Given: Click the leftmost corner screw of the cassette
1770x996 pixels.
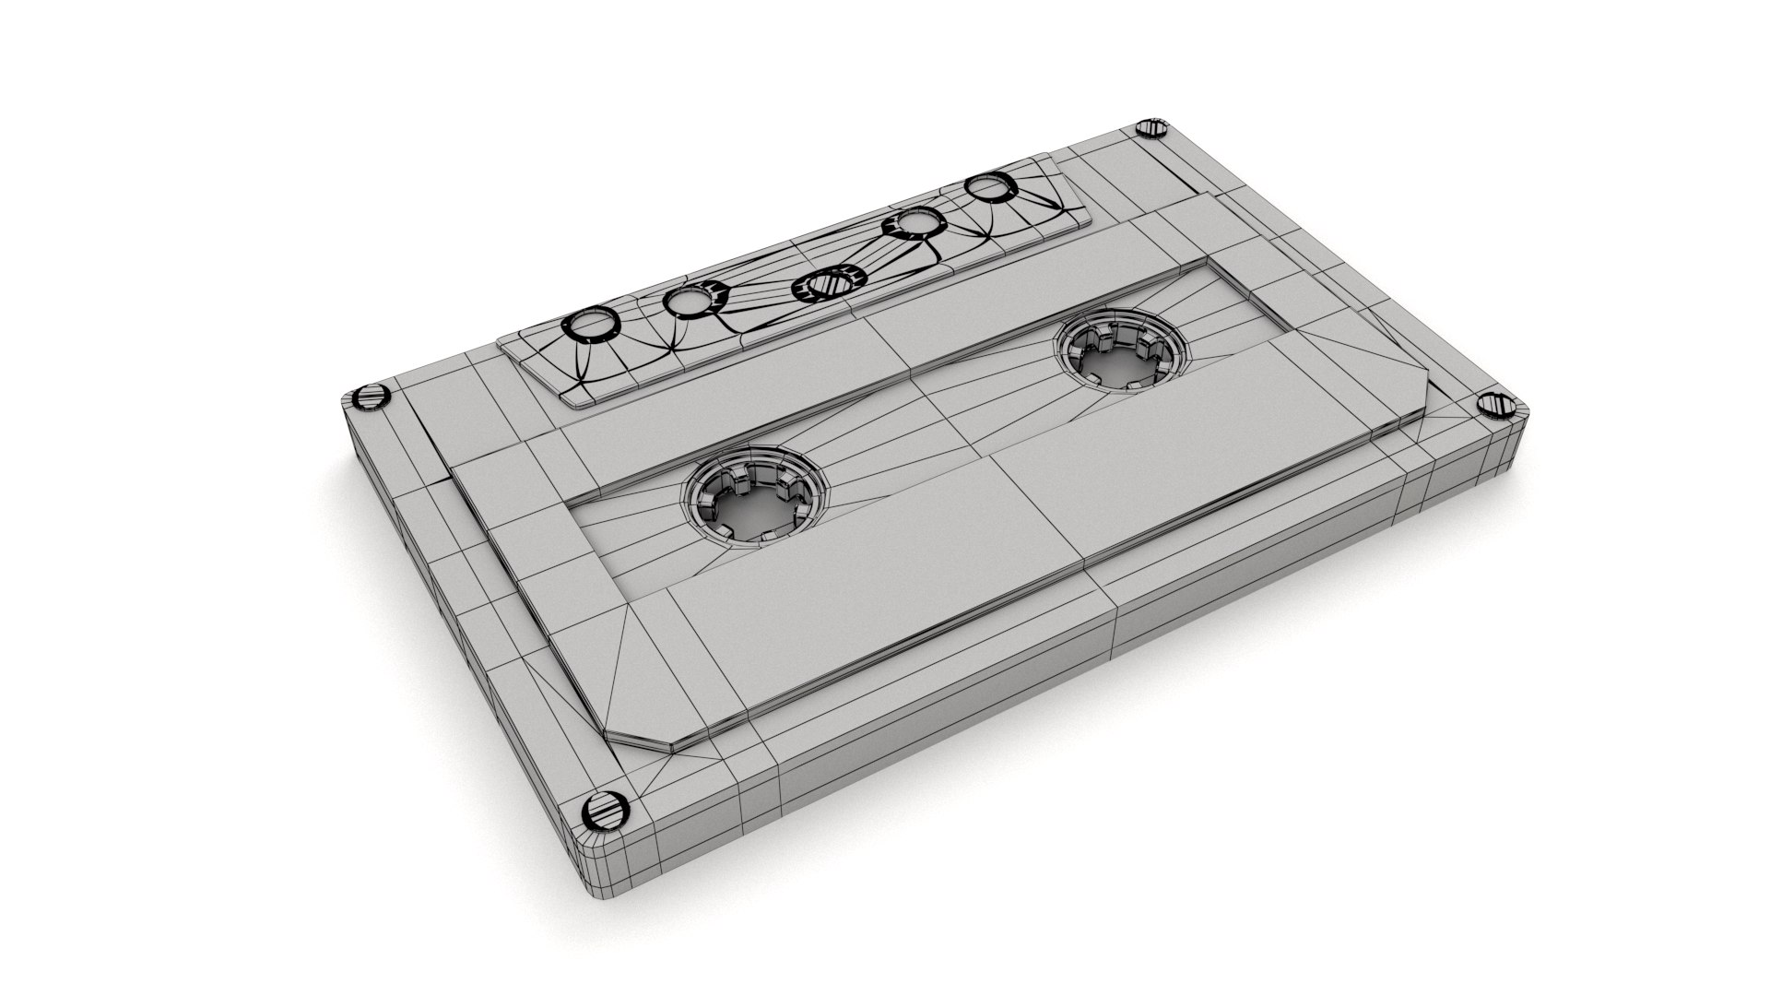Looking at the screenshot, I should point(368,398).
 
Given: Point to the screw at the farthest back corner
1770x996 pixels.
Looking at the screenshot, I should point(1152,128).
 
